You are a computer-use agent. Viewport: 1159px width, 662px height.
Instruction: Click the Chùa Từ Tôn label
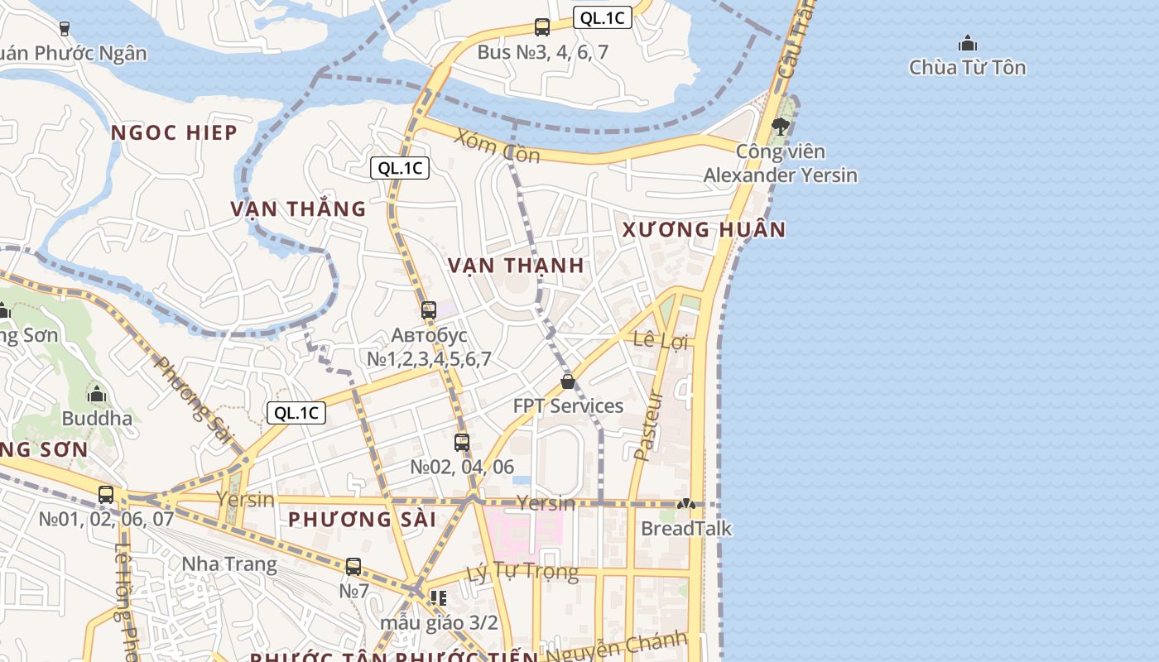(x=967, y=68)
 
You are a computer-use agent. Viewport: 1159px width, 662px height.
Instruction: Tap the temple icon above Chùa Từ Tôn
(x=967, y=43)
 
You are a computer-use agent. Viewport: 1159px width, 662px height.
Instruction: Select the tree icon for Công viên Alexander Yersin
(x=780, y=127)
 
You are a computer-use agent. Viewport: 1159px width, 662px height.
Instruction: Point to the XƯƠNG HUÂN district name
(x=704, y=229)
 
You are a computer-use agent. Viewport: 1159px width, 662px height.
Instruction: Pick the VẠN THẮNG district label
(x=298, y=209)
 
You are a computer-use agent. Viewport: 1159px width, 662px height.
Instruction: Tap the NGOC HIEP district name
(x=174, y=132)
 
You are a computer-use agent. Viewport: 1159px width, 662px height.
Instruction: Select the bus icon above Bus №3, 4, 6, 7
(x=542, y=27)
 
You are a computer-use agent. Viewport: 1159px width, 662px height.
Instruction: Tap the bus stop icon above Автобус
(x=429, y=310)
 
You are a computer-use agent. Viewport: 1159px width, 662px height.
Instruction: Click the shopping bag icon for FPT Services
(x=568, y=381)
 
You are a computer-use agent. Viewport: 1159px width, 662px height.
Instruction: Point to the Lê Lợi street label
(x=660, y=340)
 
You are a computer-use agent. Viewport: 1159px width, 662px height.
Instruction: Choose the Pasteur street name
(x=649, y=425)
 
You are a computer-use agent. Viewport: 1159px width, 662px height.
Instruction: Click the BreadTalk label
(x=686, y=528)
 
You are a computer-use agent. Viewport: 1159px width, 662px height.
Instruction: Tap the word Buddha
(x=97, y=418)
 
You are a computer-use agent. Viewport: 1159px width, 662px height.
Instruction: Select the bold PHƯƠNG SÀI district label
(x=362, y=520)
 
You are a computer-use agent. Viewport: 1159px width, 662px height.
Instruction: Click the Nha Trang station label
(x=229, y=564)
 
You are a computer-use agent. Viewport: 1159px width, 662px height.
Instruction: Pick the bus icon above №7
(x=353, y=567)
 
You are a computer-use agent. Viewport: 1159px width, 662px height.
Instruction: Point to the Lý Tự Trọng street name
(x=522, y=572)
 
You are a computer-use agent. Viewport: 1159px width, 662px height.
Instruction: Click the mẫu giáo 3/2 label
(x=440, y=622)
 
